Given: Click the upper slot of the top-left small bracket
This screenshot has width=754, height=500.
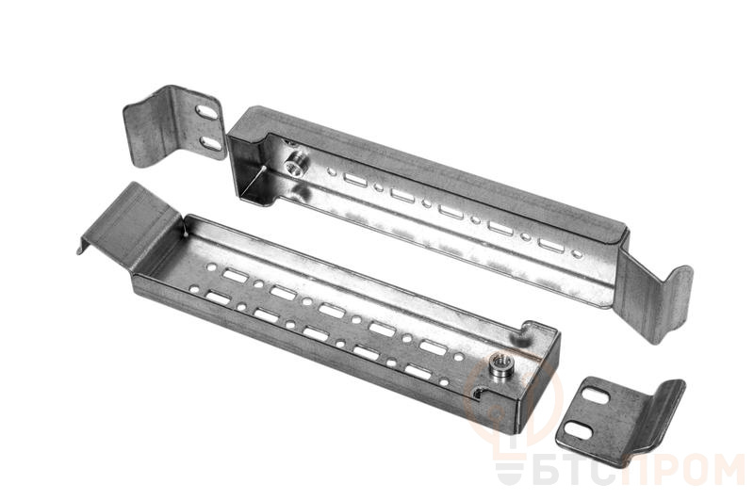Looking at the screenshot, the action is click(x=205, y=111).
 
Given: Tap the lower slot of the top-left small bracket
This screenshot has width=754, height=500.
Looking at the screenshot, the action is click(x=210, y=142).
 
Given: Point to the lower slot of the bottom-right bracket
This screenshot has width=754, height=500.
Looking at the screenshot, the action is click(x=579, y=430).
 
